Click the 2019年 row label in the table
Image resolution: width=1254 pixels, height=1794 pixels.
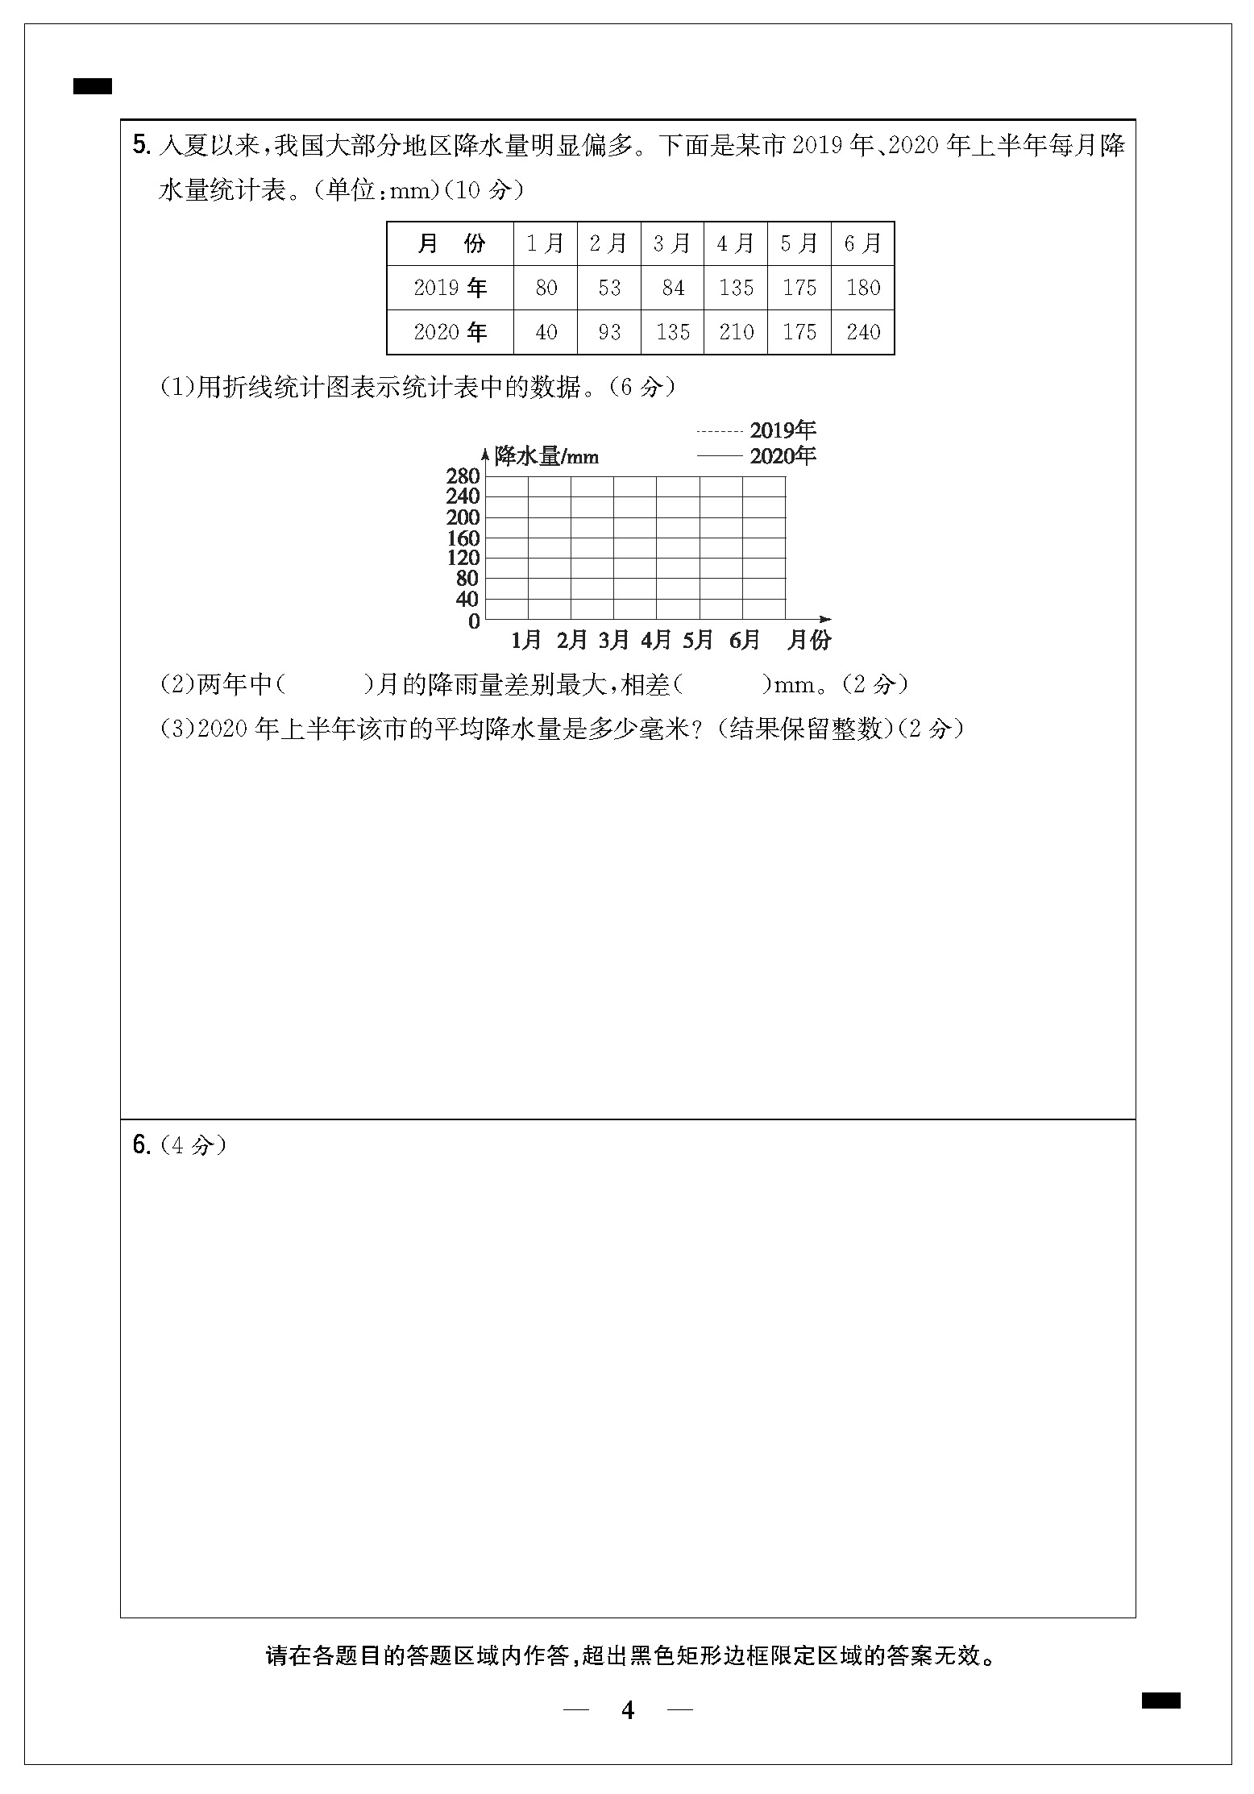[450, 288]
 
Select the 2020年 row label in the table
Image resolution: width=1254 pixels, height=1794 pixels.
[450, 332]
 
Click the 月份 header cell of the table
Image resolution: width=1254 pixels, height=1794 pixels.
[450, 243]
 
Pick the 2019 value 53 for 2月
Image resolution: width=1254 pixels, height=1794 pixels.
[609, 288]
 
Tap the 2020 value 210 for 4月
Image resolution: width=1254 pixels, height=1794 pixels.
[736, 332]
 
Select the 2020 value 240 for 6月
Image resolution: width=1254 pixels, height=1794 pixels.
[863, 332]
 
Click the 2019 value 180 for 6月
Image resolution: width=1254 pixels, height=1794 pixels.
[863, 288]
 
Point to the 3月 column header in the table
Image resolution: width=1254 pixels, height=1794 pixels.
[672, 243]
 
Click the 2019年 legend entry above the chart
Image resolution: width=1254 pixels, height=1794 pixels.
[783, 430]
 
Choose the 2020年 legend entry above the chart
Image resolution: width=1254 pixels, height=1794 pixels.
[783, 456]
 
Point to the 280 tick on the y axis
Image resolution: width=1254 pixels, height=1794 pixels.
[463, 476]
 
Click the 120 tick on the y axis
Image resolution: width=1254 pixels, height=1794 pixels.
[463, 558]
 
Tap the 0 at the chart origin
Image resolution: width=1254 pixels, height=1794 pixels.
[474, 621]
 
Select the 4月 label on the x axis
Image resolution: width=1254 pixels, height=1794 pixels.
[656, 641]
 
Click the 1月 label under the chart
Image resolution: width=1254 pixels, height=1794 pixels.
[526, 641]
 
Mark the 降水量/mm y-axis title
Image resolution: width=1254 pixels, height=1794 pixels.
[546, 457]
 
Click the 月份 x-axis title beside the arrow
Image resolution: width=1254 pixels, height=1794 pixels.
[808, 641]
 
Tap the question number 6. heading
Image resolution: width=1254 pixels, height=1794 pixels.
[141, 1145]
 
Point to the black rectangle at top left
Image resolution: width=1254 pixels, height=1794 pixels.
[93, 86]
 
